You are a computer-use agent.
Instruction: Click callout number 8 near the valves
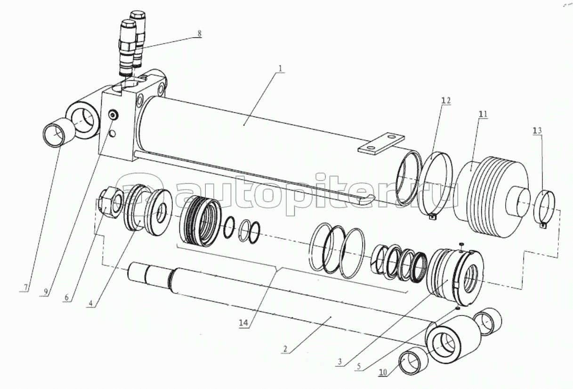pyautogui.click(x=199, y=33)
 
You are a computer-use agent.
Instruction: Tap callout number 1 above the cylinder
pyautogui.click(x=280, y=69)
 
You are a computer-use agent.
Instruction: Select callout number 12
pyautogui.click(x=446, y=101)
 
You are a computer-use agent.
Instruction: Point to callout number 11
pyautogui.click(x=483, y=114)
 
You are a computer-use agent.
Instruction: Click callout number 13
pyautogui.click(x=537, y=131)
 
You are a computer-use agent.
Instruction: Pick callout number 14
pyautogui.click(x=243, y=323)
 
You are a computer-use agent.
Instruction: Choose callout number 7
pyautogui.click(x=25, y=288)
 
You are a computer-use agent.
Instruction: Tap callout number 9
pyautogui.click(x=46, y=291)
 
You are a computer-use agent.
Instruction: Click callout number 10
pyautogui.click(x=383, y=372)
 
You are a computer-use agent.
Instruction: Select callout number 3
pyautogui.click(x=340, y=362)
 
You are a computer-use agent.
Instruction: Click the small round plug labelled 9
pyautogui.click(x=113, y=115)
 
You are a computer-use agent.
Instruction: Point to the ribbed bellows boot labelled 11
pyautogui.click(x=491, y=197)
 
